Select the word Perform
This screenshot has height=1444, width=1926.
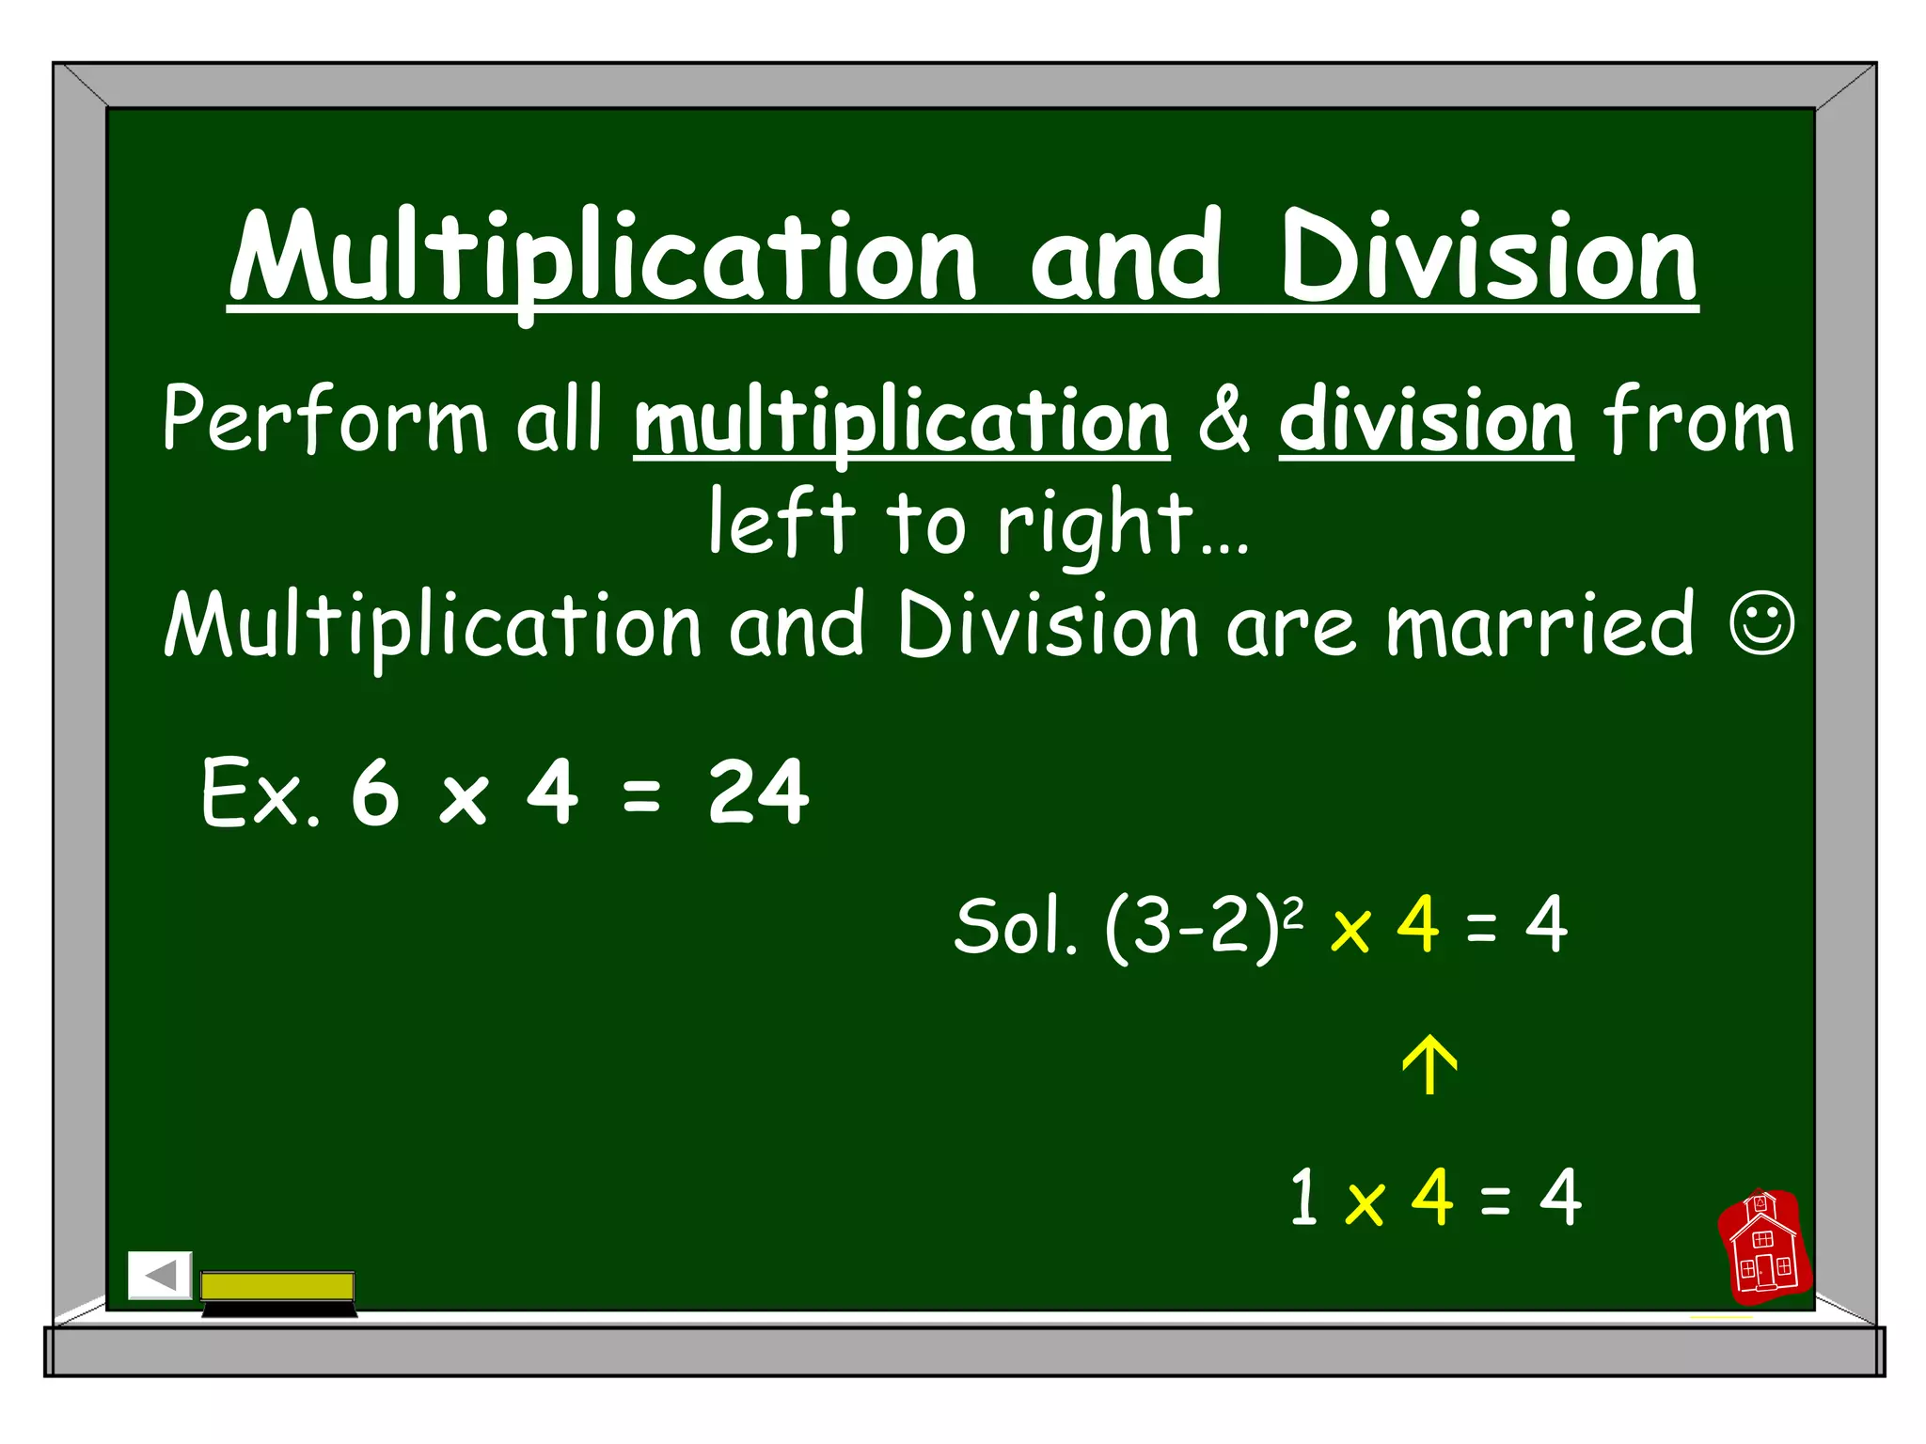tap(324, 420)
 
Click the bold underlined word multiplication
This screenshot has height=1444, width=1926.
tap(902, 423)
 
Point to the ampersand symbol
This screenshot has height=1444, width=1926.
tap(1224, 420)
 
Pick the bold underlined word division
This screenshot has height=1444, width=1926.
tap(1426, 423)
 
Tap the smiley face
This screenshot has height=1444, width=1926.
tap(1761, 621)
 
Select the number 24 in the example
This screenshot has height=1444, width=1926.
tap(758, 793)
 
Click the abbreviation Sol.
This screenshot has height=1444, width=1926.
tap(1015, 927)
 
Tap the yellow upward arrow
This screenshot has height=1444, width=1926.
tap(1429, 1065)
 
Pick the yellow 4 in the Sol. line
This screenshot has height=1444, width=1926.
tap(1418, 925)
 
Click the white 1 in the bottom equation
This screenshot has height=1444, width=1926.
tap(1303, 1197)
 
